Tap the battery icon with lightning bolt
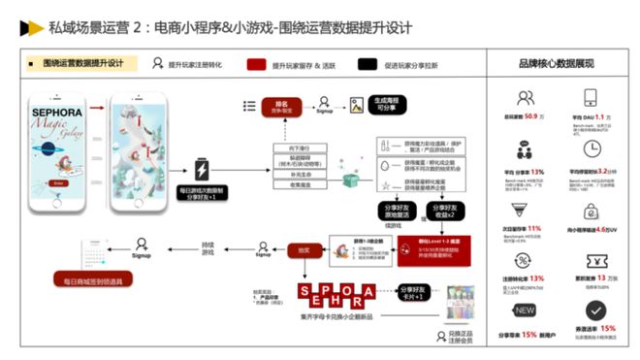click(203, 168)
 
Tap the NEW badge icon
click(526, 311)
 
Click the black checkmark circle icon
click(593, 311)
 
